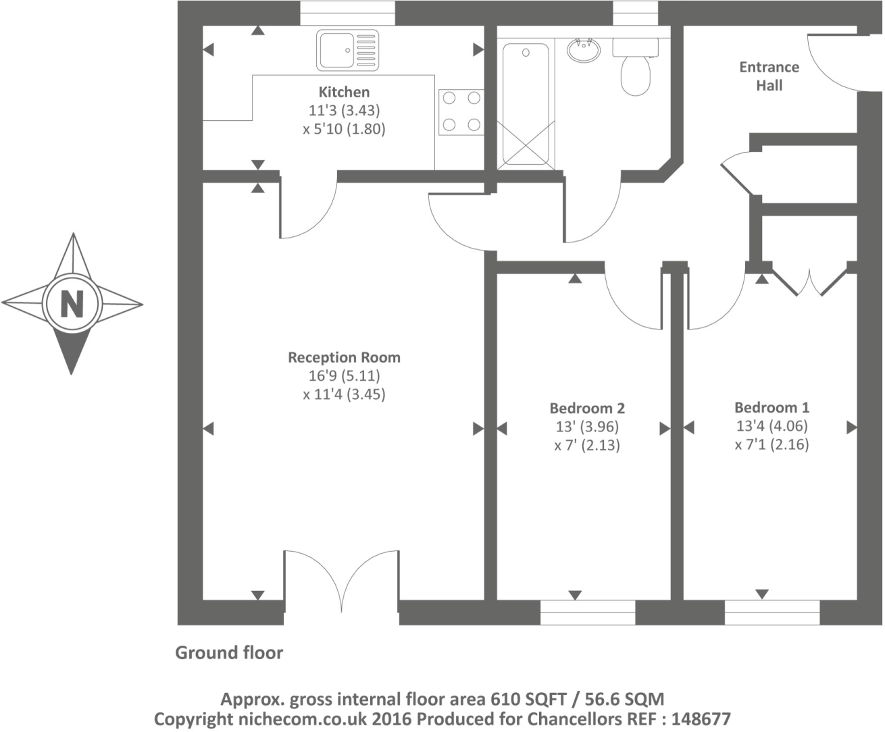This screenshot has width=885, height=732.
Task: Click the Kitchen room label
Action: [344, 92]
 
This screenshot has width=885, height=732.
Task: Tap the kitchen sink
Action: [347, 50]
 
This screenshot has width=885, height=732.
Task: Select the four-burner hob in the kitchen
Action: [461, 111]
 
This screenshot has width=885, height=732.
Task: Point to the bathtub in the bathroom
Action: [526, 104]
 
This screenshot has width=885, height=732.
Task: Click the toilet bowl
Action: [635, 74]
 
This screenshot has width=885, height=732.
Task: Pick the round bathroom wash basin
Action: [583, 50]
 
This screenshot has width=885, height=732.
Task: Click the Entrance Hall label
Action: [769, 76]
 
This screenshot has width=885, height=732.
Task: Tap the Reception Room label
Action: [344, 357]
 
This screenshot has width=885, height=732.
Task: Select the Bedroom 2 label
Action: [586, 408]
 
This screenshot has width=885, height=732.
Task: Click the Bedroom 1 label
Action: [772, 407]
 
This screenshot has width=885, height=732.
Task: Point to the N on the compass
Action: [72, 304]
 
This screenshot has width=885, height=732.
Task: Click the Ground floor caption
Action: [229, 653]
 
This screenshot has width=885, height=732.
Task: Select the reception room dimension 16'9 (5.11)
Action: [344, 376]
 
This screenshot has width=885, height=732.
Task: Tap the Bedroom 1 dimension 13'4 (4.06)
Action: [772, 426]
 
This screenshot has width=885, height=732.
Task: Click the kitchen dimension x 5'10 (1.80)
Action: [344, 128]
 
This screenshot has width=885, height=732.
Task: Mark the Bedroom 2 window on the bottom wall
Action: [588, 612]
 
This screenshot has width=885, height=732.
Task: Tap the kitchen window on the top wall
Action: [347, 13]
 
